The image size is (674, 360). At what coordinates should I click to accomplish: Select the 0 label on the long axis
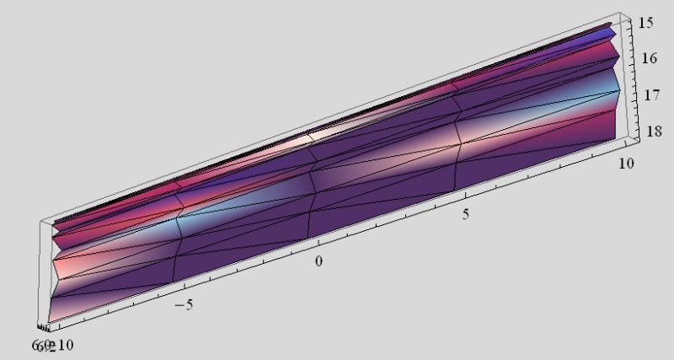point(318,261)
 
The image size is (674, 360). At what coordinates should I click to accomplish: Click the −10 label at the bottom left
point(62,346)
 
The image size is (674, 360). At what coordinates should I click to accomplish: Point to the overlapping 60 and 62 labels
point(42,346)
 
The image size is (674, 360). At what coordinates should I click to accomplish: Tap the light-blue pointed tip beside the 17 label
point(621,90)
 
